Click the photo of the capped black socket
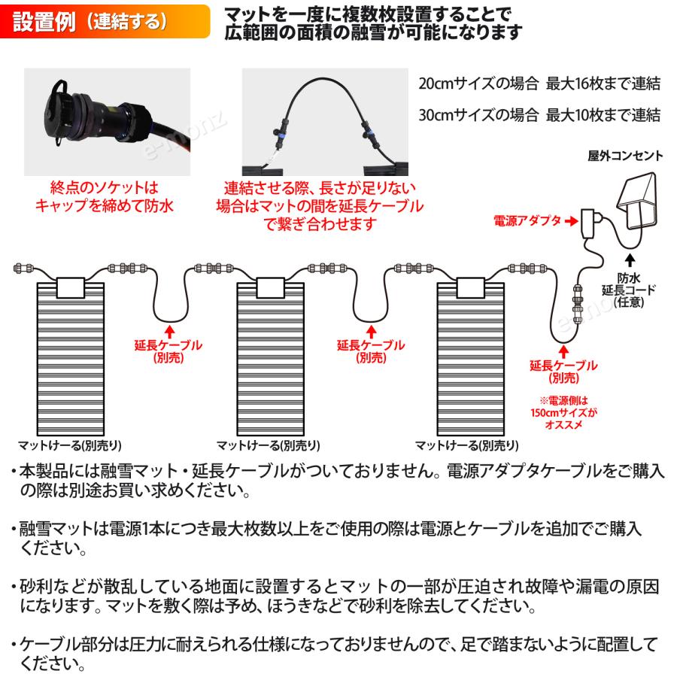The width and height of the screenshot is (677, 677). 107,121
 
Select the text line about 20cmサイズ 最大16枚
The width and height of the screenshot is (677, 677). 539,83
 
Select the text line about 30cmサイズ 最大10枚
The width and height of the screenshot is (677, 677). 539,115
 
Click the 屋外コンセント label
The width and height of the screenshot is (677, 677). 625,156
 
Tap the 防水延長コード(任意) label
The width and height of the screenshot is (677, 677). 629,290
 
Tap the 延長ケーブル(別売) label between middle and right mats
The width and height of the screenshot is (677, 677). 371,351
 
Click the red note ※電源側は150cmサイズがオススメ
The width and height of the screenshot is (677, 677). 563,412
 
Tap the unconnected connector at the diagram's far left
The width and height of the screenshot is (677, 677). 23,268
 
